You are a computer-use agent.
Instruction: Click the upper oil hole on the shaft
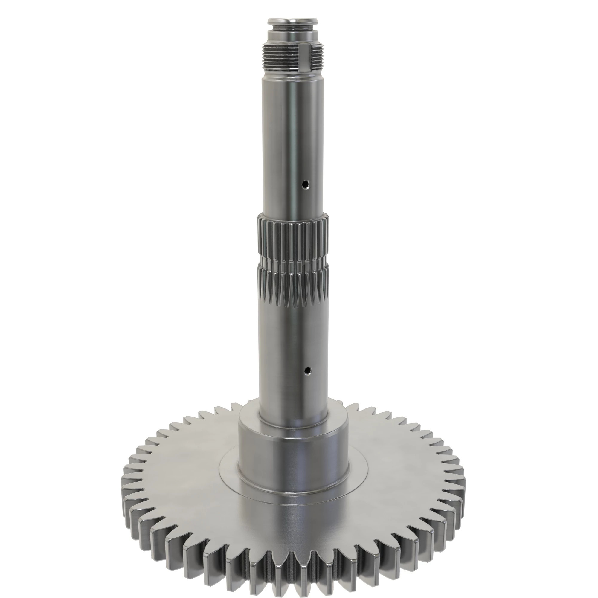306,185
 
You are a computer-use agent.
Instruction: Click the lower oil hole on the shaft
307,370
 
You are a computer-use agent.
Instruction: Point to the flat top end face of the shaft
292,21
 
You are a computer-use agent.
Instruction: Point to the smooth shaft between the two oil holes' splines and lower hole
292,334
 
